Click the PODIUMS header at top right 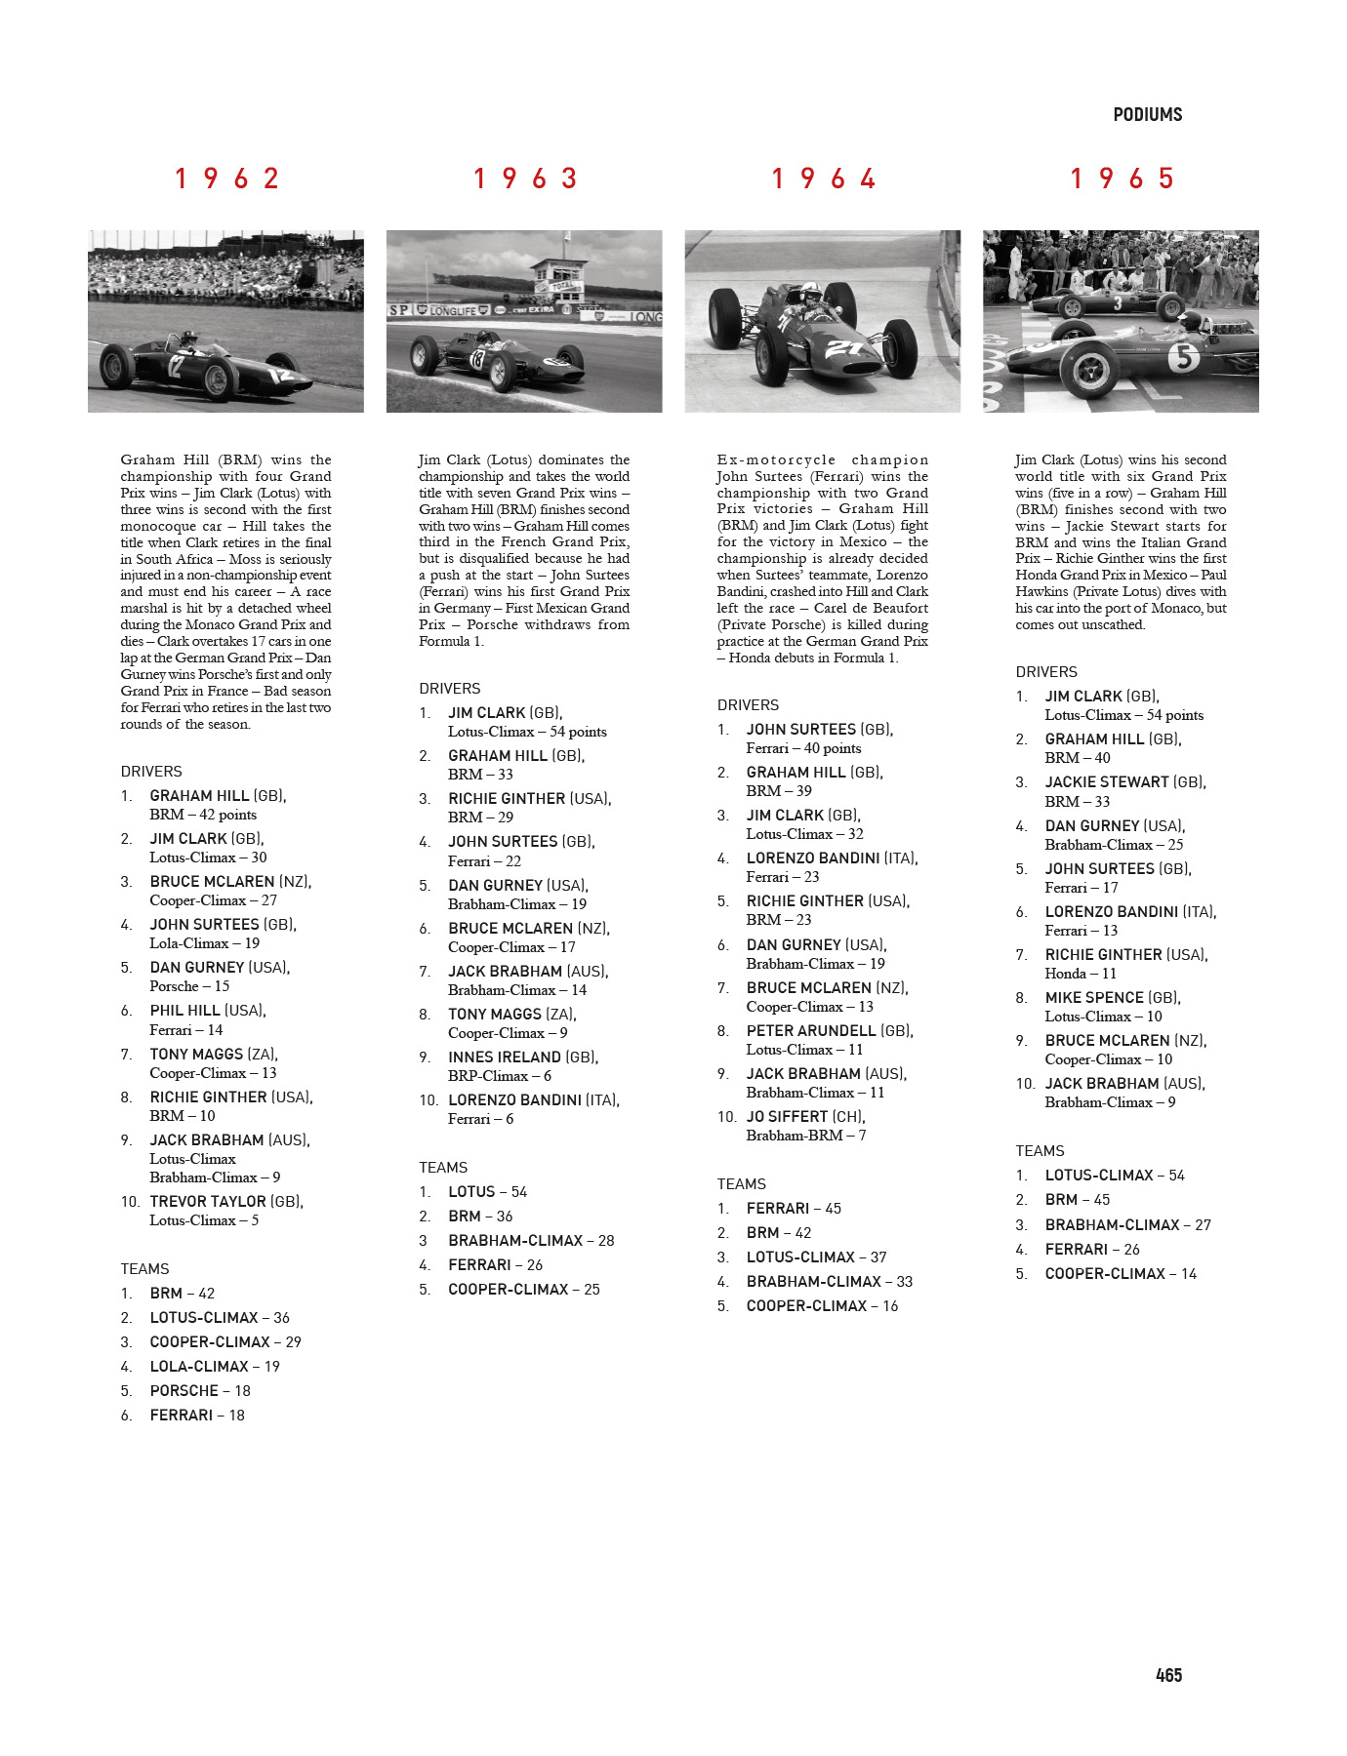point(1147,115)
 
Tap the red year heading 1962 point(227,179)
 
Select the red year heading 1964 point(824,179)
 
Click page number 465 point(1168,1675)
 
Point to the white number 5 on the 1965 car point(1184,358)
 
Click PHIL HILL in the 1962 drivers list point(184,1011)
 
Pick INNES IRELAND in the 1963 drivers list point(505,1058)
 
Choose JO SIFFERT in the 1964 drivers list point(787,1117)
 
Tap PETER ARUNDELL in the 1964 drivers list point(811,1031)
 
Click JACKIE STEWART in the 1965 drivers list point(1107,782)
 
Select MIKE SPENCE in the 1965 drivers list point(1094,998)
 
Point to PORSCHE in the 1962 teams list point(184,1391)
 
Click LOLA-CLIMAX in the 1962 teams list point(199,1367)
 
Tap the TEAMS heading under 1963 point(443,1168)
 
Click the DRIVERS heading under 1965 point(1046,672)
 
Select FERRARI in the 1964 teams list point(778,1209)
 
